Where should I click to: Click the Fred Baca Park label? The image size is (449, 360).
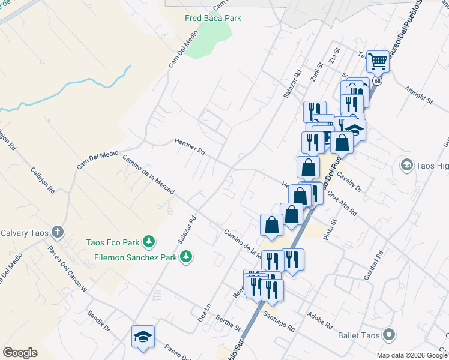point(213,18)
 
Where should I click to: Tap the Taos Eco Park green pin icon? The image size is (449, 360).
point(149,242)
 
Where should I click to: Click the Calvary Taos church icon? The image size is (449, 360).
point(58,232)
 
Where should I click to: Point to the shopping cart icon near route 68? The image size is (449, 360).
point(378,61)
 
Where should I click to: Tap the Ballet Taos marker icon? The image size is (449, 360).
point(389,335)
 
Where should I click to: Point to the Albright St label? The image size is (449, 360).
point(418,95)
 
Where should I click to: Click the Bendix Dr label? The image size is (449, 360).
point(99,321)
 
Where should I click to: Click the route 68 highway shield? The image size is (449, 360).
point(376,80)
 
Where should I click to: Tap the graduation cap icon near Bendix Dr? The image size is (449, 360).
point(143,336)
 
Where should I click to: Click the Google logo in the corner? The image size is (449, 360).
point(20,353)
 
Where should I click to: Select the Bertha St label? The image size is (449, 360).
point(228,323)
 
